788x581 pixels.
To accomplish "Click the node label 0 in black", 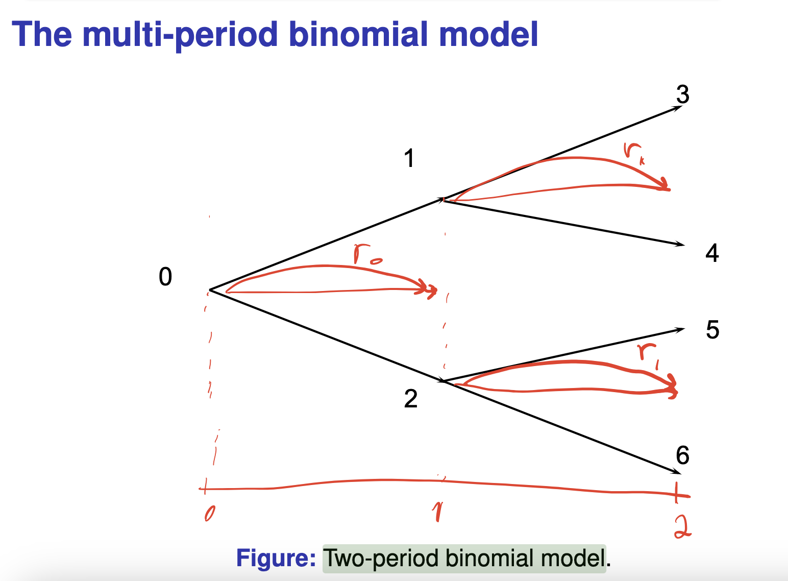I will pyautogui.click(x=165, y=277).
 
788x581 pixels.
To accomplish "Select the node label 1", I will pyautogui.click(x=409, y=158).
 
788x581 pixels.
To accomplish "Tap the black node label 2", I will pyautogui.click(x=411, y=399).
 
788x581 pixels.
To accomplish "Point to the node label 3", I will pyautogui.click(x=682, y=94).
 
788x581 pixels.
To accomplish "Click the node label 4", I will pyautogui.click(x=712, y=253).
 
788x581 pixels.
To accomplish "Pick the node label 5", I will pyautogui.click(x=712, y=330).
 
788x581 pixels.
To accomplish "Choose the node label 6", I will pyautogui.click(x=682, y=455).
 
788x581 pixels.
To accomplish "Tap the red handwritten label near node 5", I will pyautogui.click(x=648, y=354).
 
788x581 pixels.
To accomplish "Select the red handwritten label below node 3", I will pyautogui.click(x=633, y=153).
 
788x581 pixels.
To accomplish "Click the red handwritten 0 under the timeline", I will pyautogui.click(x=209, y=514).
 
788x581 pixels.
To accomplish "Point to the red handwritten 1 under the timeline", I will pyautogui.click(x=437, y=512).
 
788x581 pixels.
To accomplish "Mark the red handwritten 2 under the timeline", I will pyautogui.click(x=682, y=527).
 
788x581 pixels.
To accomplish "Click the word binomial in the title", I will pyautogui.click(x=359, y=35).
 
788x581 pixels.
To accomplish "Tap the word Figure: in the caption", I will pyautogui.click(x=276, y=558).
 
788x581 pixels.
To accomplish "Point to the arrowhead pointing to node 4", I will pyautogui.click(x=681, y=245).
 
